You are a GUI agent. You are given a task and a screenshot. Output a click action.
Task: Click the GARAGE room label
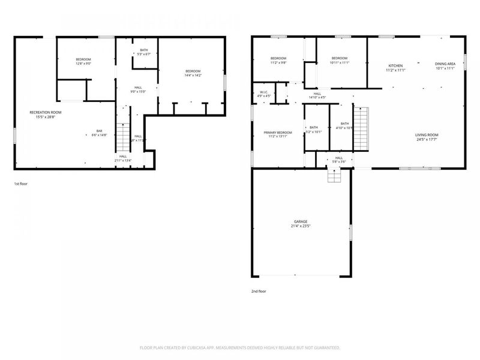300,222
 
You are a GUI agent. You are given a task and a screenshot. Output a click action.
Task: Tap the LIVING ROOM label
427,135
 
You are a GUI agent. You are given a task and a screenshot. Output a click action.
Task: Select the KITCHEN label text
395,65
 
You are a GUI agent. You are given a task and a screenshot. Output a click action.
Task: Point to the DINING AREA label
445,64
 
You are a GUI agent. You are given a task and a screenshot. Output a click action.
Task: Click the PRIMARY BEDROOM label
277,132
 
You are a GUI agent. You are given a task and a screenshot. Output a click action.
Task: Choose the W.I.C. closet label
264,92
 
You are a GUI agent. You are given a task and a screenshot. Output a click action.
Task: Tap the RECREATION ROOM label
46,112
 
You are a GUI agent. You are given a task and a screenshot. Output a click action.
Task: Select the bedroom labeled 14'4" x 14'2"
193,71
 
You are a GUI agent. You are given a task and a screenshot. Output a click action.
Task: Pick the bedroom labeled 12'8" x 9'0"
83,59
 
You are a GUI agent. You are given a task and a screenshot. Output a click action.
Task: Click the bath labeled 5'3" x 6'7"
144,50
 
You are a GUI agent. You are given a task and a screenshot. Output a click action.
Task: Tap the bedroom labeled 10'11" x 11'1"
340,58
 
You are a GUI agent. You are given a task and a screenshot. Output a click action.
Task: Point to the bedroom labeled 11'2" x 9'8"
279,58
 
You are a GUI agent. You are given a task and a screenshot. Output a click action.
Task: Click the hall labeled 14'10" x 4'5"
317,94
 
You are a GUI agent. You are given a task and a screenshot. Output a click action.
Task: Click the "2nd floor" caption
259,291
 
